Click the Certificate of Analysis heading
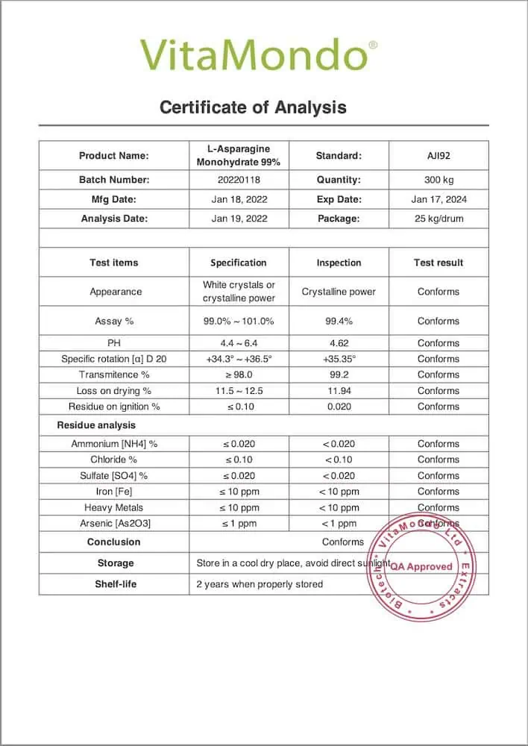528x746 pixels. pos(253,107)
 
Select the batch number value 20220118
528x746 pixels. pos(239,180)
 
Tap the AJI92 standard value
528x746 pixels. pos(439,156)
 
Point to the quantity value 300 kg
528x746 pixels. pos(439,180)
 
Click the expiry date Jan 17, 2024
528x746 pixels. pos(439,199)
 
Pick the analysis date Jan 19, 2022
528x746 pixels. pos(239,219)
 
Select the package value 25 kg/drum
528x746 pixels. pos(439,219)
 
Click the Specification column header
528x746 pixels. pos(239,263)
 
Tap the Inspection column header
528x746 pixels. pos(339,263)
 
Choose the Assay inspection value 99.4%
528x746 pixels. pos(339,321)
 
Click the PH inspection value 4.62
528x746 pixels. pos(339,343)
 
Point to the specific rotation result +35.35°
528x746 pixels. pos(339,359)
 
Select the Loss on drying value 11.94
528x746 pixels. pos(339,391)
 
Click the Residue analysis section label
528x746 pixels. pos(96,425)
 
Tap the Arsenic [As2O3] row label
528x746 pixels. pos(114,524)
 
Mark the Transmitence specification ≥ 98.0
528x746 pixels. pos(239,374)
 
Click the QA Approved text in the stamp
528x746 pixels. pos(421,566)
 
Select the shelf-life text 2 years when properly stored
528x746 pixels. pos(260,584)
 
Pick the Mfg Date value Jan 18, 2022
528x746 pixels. pos(239,199)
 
